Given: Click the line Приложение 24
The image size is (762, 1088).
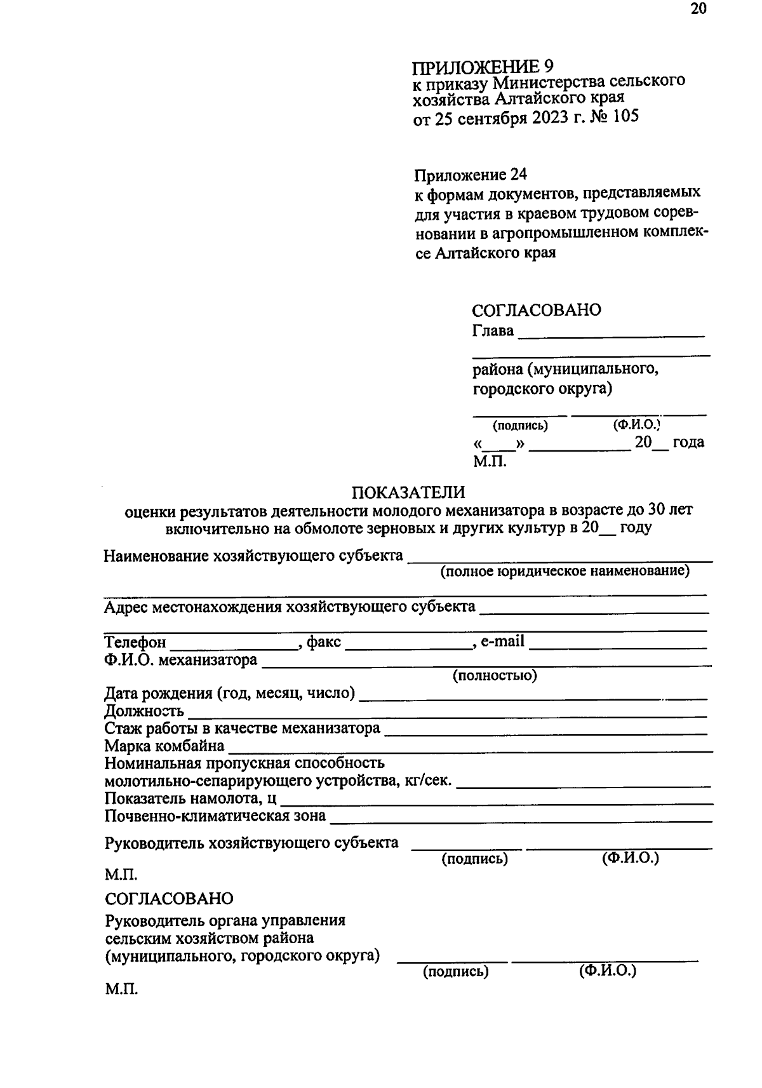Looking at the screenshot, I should tap(471, 174).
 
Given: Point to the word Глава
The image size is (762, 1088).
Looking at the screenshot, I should tap(493, 331).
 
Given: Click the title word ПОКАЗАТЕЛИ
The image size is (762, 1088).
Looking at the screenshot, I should tap(408, 492).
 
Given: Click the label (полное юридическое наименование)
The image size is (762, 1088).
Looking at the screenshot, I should tap(565, 571).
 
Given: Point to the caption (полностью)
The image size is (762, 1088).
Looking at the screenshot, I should tap(495, 676).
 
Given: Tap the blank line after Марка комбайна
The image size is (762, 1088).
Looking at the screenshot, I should tap(470, 750).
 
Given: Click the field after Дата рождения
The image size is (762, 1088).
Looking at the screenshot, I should tap(533, 697).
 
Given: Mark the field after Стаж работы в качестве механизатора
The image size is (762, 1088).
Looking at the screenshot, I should tap(546, 733).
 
